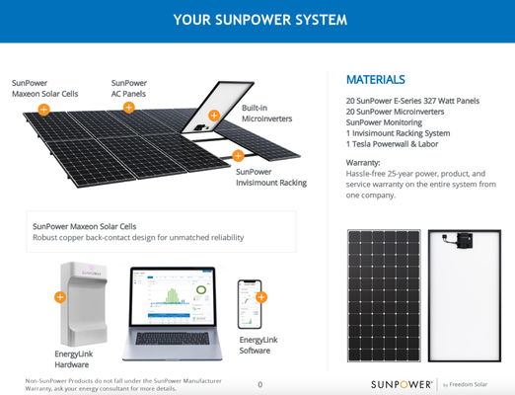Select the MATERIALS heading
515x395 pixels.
tap(375, 79)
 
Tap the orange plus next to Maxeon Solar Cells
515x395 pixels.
tap(44, 110)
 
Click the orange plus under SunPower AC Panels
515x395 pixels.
tap(129, 107)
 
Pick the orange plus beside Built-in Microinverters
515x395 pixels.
tap(214, 116)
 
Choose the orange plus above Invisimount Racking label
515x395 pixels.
tap(238, 155)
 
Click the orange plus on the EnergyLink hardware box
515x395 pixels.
tap(60, 296)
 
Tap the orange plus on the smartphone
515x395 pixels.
tap(261, 296)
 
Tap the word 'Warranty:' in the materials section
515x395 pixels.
tap(363, 161)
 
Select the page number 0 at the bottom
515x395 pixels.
tap(259, 384)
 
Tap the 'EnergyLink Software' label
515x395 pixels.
tap(259, 345)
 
